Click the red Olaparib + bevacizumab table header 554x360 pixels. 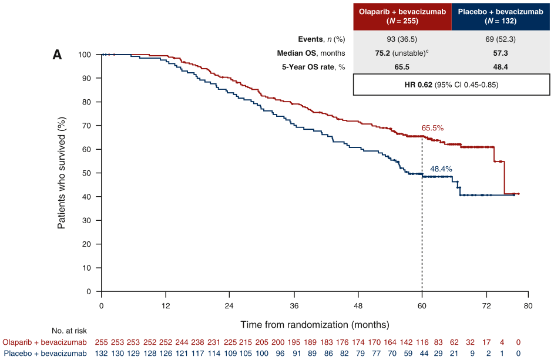pos(402,16)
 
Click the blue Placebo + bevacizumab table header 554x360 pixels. pos(501,16)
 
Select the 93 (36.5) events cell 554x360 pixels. pos(402,39)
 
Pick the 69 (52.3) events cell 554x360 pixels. pos(501,39)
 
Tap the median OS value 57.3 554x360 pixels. pos(501,53)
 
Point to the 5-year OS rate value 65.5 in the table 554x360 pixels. pos(402,67)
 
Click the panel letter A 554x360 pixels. pos(57,55)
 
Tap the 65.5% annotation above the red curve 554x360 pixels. pos(432,127)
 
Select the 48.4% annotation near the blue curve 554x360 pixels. pos(441,169)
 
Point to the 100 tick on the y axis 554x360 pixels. pos(85,55)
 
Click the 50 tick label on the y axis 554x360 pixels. pos(87,173)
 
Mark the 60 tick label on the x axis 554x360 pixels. pos(422,307)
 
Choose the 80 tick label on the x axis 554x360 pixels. pos(529,307)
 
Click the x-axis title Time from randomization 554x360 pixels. pos(314,324)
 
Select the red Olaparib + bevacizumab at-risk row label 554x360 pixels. pos(45,342)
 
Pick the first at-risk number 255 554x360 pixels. pos(102,342)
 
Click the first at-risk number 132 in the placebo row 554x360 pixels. pos(102,353)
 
